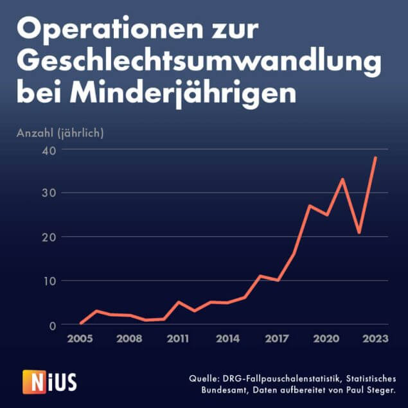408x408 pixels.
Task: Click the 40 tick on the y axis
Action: point(49,150)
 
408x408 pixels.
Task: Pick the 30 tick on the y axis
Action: point(49,193)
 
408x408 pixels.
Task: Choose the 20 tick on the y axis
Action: point(49,237)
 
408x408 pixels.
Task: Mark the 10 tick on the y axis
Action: point(49,281)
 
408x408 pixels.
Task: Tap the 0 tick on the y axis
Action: point(53,324)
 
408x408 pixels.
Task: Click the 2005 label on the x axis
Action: point(80,338)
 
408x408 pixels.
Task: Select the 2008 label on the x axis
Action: point(129,338)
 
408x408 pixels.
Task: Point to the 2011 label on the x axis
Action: point(179,338)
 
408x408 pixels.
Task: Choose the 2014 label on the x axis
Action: point(227,338)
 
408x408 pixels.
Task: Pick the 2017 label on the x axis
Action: point(277,338)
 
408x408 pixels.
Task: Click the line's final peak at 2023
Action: point(376,157)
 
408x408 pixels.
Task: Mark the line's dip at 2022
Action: point(359,233)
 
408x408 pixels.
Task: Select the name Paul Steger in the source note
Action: point(369,389)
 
